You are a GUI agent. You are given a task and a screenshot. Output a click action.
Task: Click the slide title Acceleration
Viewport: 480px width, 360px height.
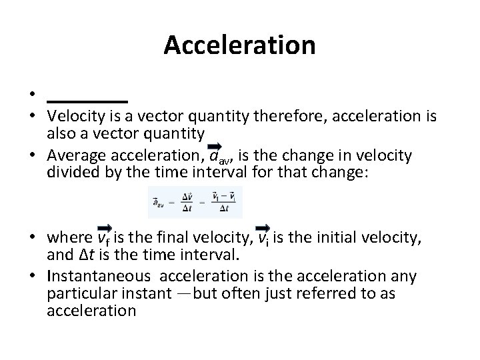tap(239, 45)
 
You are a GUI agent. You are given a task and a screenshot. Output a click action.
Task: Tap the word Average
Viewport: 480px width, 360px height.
tap(75, 156)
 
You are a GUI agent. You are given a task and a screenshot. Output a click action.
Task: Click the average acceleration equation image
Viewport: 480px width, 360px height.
tap(195, 201)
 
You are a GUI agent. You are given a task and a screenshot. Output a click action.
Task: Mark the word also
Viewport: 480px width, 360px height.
tap(63, 133)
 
